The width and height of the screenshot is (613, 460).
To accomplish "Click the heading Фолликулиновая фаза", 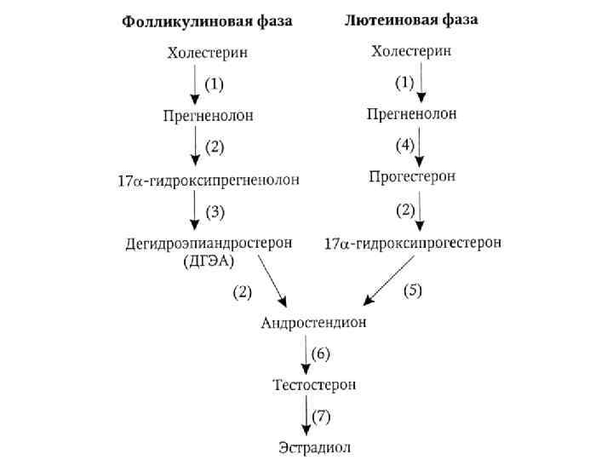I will click(208, 21).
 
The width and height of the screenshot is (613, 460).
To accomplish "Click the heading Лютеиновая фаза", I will click(411, 20).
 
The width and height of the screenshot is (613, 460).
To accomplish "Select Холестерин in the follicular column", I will click(208, 53).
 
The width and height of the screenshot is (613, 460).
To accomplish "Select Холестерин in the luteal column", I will click(411, 51).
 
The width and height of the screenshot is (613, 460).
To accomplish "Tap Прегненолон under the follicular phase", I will click(208, 117).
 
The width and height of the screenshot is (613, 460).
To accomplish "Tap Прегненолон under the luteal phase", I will click(411, 113).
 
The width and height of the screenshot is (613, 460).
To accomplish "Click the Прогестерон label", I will click(412, 176).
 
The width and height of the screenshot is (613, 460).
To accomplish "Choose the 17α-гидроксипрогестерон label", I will click(413, 244).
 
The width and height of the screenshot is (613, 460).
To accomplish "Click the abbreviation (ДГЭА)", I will click(208, 262).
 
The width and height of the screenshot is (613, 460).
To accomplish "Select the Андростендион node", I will click(313, 324).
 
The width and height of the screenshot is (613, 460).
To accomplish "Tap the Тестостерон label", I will click(314, 385).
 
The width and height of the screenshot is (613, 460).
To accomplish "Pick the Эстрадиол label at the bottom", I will click(314, 446).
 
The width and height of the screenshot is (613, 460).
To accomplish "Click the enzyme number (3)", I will click(214, 210).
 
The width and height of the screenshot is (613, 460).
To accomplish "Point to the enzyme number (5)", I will click(412, 290).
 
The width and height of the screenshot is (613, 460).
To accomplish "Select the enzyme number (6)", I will click(320, 353).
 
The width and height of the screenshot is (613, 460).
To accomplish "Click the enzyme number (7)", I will click(320, 417).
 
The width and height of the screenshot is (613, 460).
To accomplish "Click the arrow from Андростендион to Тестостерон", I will click(305, 354).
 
